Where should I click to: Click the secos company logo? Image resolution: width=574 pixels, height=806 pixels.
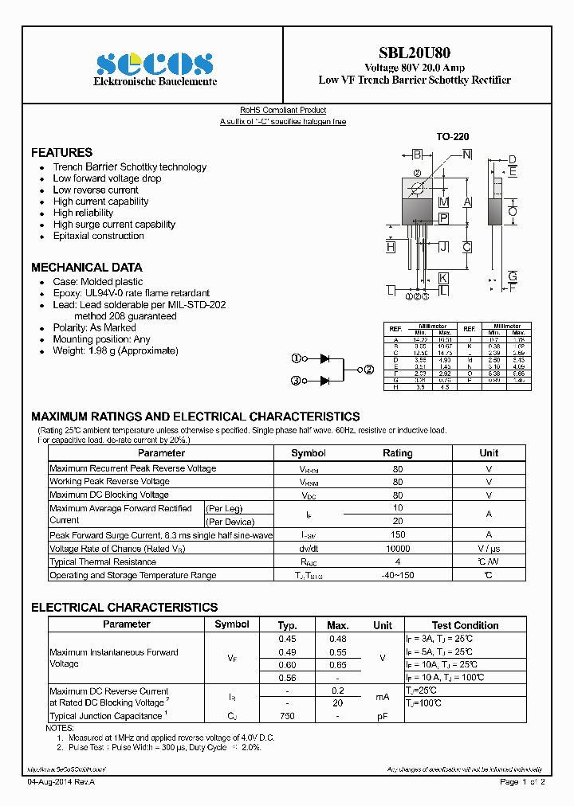coord(155,64)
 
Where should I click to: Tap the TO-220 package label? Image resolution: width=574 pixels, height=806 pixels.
coord(452,137)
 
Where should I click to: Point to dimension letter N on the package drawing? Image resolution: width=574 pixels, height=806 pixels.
coord(466,155)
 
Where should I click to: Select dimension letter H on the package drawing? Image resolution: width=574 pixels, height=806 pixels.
coord(391,248)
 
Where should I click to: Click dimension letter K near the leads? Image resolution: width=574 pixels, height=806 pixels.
coord(443,277)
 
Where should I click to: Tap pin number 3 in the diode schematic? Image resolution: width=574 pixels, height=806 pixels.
coord(296,381)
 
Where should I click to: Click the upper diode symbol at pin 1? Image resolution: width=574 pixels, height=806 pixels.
coord(325,359)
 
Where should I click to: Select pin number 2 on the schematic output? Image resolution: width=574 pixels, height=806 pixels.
coord(370,370)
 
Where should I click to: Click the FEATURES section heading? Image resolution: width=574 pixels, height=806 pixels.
coord(61,152)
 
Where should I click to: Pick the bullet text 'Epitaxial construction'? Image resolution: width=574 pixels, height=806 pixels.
coord(98,236)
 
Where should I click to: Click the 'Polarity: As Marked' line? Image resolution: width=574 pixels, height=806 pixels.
coord(94,327)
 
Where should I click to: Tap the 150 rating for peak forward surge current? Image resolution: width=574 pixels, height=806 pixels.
coord(398,535)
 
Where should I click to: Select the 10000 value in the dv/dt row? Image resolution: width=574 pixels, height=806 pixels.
coord(398,549)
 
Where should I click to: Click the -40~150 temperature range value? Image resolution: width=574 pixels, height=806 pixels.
coord(398,575)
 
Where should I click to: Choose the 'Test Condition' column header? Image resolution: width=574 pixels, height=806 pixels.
coord(465,625)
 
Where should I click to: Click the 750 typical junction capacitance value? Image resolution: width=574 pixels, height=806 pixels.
coord(287,716)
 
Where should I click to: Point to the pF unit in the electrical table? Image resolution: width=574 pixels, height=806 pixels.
coord(383,716)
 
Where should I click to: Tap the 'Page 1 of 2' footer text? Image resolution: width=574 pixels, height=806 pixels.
coord(522,782)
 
